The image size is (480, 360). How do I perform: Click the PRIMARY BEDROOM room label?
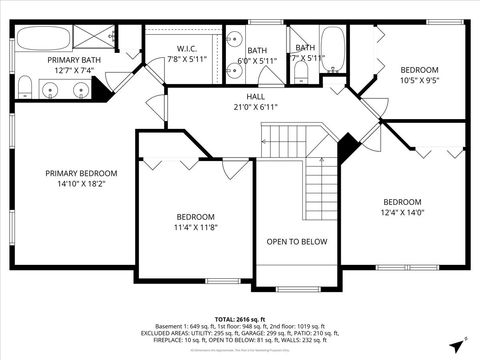[x=81, y=173]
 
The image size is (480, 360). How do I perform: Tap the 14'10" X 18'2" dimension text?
[x=81, y=184]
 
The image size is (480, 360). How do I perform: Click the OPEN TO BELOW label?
[x=296, y=241]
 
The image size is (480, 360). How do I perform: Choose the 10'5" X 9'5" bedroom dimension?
[x=420, y=80]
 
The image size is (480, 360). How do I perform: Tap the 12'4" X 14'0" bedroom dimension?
[x=402, y=211]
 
